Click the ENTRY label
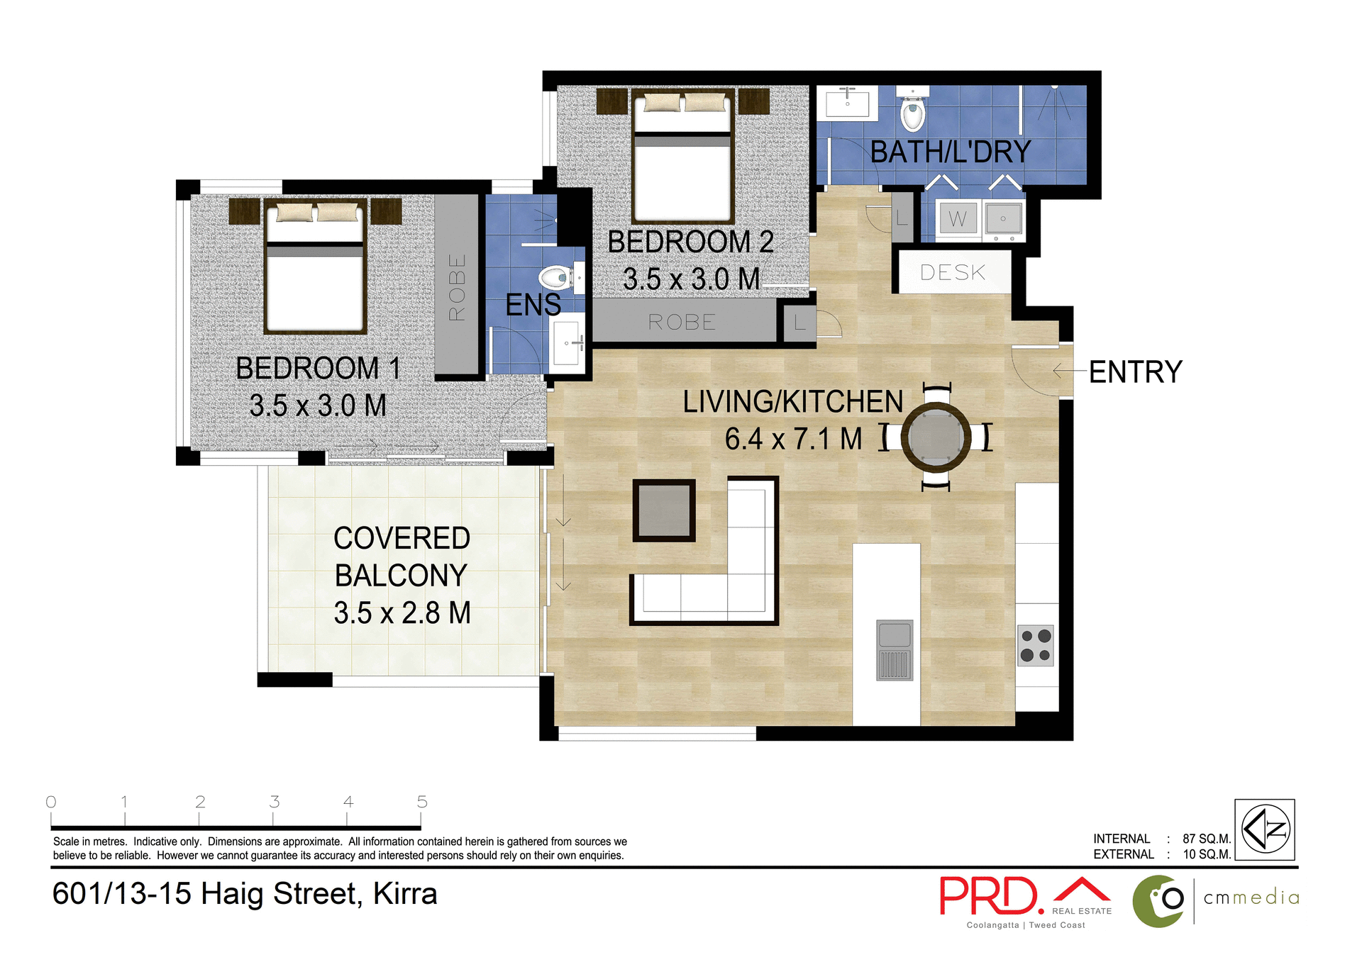pos(1135,372)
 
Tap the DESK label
pos(953,272)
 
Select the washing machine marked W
pos(957,219)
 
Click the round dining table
pos(936,437)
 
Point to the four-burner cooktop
pos(1035,645)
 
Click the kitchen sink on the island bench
pos(894,650)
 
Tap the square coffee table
pos(664,510)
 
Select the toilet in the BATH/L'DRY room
pos(913,114)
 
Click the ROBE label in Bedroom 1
pos(457,286)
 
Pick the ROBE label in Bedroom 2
pos(682,323)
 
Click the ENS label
pos(533,305)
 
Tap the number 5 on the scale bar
pos(422,802)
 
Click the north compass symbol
pos(1265,829)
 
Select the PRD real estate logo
pos(990,897)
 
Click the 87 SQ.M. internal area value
pos(1206,839)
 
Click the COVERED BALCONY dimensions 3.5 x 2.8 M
pos(402,613)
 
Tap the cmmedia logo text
pos(1251,897)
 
